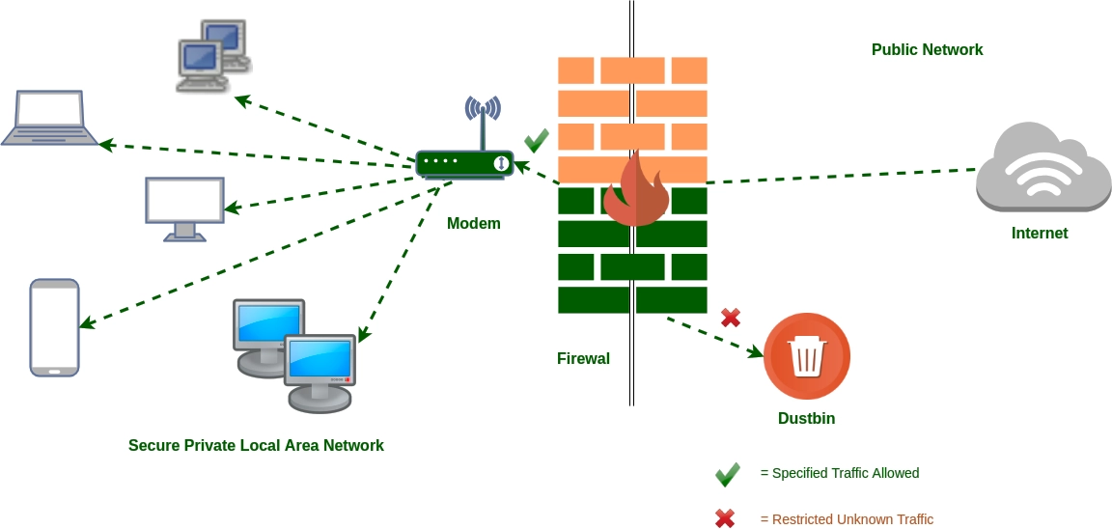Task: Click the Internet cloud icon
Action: click(1043, 168)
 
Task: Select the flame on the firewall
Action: click(636, 190)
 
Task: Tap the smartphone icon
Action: click(54, 327)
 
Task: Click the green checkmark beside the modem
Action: click(537, 141)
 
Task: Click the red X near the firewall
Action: click(731, 317)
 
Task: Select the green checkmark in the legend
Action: click(727, 474)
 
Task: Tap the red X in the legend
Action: click(725, 519)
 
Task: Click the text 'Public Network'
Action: click(927, 50)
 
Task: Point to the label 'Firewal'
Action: click(583, 359)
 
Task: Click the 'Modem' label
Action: click(473, 224)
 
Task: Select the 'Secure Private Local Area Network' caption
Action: click(256, 446)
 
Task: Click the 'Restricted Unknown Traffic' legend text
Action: click(847, 519)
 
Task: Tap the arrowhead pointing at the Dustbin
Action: click(756, 353)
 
